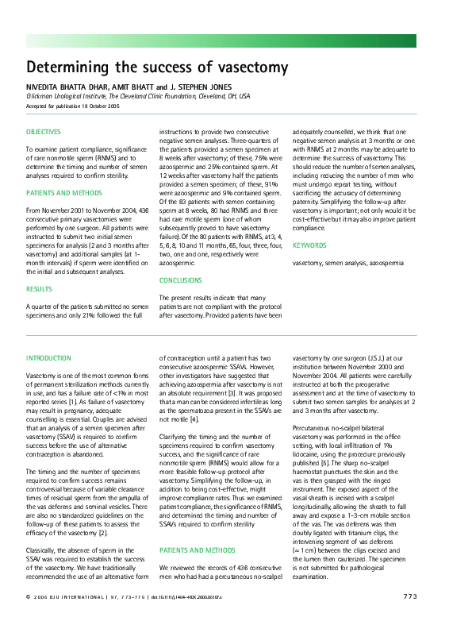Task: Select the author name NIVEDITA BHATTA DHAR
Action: click(x=60, y=87)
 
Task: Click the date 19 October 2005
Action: click(x=98, y=105)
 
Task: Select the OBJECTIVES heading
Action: click(x=43, y=131)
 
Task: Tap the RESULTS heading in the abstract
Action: click(x=39, y=290)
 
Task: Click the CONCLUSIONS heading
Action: click(x=180, y=280)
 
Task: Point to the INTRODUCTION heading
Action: click(x=48, y=358)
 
